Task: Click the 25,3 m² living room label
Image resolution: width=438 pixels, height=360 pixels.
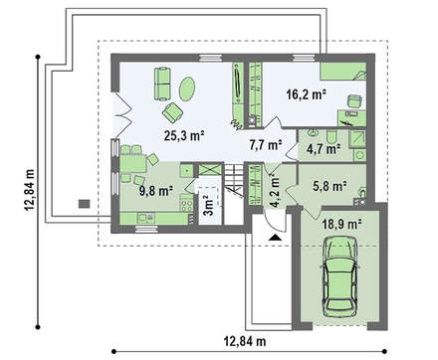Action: click(x=183, y=136)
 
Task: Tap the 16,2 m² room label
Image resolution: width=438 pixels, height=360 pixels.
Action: click(x=306, y=94)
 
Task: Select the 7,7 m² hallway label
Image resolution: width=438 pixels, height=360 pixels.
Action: click(x=266, y=145)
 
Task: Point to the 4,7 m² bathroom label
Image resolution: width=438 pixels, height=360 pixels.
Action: click(x=324, y=149)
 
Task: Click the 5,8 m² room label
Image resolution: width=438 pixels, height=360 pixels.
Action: click(x=329, y=186)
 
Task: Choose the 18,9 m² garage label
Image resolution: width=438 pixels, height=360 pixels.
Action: click(x=341, y=225)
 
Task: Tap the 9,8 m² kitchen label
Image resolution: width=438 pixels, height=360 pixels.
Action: click(x=156, y=191)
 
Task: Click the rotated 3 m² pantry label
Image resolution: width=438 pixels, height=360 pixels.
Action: click(x=208, y=206)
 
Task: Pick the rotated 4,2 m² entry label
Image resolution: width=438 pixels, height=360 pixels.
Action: click(x=275, y=191)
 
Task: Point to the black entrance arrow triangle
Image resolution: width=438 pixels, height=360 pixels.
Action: click(x=275, y=238)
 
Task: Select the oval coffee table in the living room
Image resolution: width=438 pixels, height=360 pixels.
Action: click(x=187, y=89)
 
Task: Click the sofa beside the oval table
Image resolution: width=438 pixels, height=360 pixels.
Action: click(x=162, y=84)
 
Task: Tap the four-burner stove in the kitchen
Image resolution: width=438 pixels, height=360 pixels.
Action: click(x=187, y=203)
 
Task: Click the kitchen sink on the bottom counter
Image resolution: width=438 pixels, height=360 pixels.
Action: click(x=146, y=218)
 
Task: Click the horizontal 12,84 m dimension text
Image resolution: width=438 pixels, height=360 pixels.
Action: click(x=245, y=341)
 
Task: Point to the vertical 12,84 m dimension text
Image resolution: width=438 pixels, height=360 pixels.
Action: click(x=30, y=190)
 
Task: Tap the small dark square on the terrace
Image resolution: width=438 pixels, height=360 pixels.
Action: click(x=85, y=204)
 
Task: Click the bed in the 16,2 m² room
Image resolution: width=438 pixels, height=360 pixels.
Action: click(x=343, y=72)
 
